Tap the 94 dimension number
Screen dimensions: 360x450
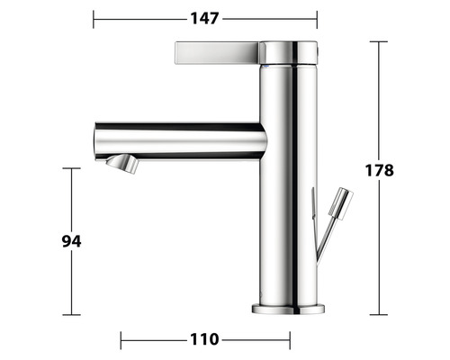pos(71,241)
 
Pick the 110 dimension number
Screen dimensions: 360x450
pos(204,339)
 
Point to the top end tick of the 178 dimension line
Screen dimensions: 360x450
pos(379,41)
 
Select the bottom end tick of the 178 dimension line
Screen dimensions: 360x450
pos(379,314)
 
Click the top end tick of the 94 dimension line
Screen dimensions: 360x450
pos(72,168)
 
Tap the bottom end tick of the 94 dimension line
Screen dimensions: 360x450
pos(72,314)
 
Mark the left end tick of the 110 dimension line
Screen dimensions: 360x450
pos(121,339)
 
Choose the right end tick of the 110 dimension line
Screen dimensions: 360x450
pos(289,339)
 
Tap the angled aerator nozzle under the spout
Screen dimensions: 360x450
pos(121,164)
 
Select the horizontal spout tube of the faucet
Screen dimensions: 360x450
pos(180,140)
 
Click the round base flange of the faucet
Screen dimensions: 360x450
pos(289,309)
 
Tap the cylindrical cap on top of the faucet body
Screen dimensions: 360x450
pos(289,52)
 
